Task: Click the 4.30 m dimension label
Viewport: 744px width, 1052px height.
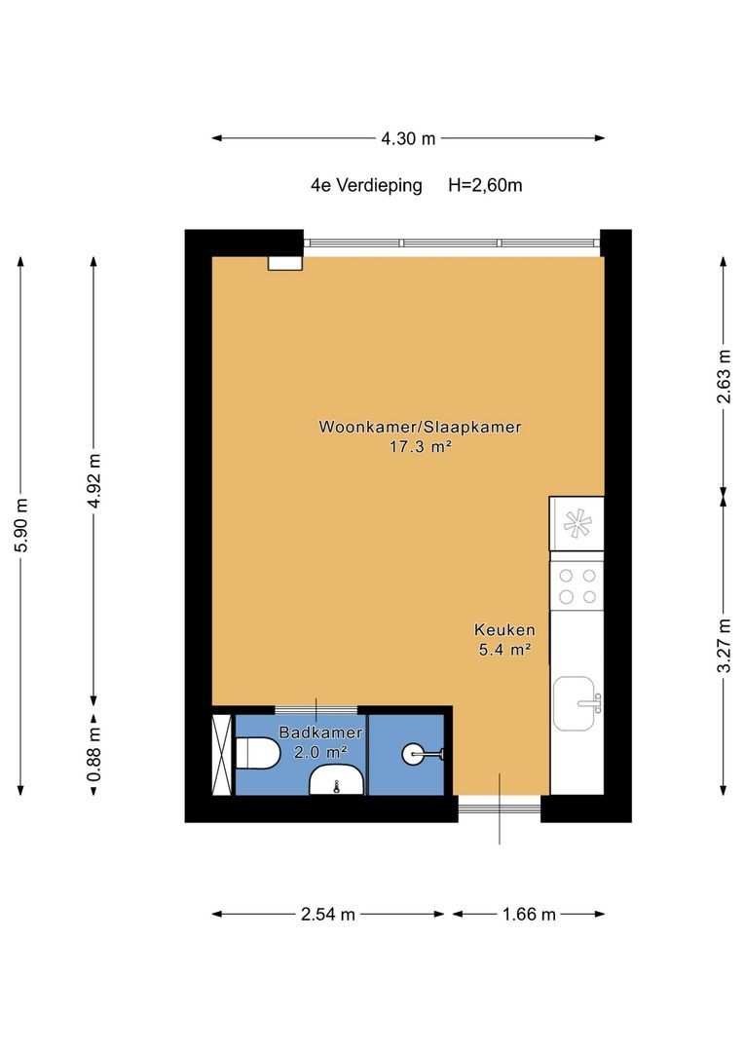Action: point(408,138)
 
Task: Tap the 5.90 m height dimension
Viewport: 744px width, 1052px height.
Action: point(21,525)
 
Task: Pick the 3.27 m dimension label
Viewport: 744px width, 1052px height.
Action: point(723,645)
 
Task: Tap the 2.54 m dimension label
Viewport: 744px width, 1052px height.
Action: point(328,914)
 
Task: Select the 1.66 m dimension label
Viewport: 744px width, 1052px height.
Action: point(529,914)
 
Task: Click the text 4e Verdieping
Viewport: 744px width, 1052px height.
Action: point(366,185)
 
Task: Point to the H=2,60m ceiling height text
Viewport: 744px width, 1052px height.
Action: point(485,185)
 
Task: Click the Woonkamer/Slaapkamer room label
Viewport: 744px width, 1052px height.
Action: point(420,427)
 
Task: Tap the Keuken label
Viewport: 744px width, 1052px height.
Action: point(504,629)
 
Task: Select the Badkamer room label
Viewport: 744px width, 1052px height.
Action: point(320,733)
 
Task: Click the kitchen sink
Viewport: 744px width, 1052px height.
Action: point(577,703)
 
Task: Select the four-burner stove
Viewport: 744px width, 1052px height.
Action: point(577,584)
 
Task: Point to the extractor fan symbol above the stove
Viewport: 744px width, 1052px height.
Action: point(577,524)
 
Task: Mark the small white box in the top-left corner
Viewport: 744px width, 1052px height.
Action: point(285,262)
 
